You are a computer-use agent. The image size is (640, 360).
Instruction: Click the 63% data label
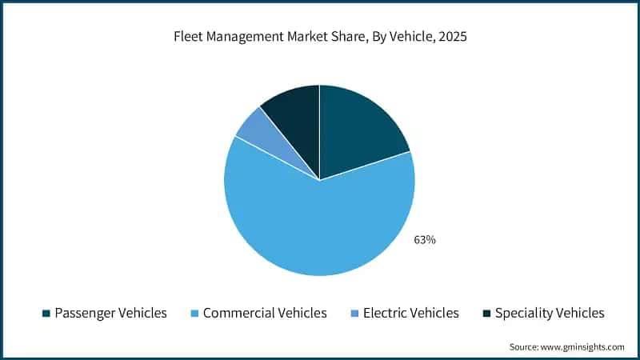(424, 239)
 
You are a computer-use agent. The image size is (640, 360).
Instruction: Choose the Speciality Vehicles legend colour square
(485, 313)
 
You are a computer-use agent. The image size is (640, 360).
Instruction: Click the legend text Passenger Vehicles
(110, 313)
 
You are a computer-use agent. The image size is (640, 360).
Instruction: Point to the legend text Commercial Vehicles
(265, 313)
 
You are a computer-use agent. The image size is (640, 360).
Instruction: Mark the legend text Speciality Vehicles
(550, 313)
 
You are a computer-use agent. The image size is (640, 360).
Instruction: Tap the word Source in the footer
(523, 346)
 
